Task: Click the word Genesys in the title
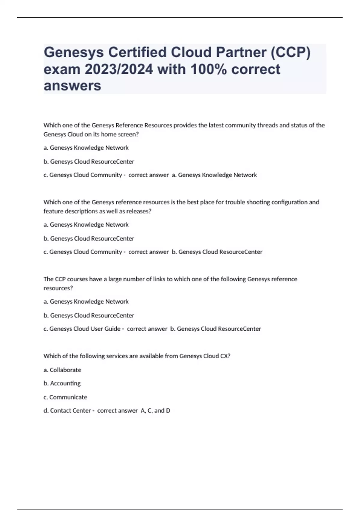(73, 52)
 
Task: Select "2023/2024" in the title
(119, 69)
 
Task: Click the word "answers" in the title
(72, 86)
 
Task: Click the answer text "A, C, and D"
(155, 411)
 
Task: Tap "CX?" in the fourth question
(225, 356)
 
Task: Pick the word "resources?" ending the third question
(58, 288)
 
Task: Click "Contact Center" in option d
(70, 411)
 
